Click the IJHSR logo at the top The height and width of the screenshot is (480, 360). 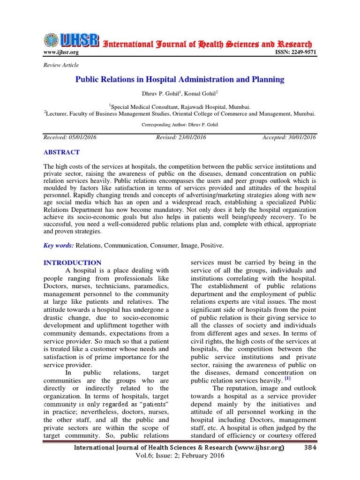tap(71, 41)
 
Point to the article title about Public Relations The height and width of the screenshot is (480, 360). tap(180, 80)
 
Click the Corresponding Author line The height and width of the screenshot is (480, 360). tap(180, 125)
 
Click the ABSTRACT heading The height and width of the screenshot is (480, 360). tap(61, 152)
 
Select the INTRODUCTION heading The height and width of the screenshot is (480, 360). tap(72, 263)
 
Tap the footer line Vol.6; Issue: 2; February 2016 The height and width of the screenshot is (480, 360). tap(180, 456)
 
